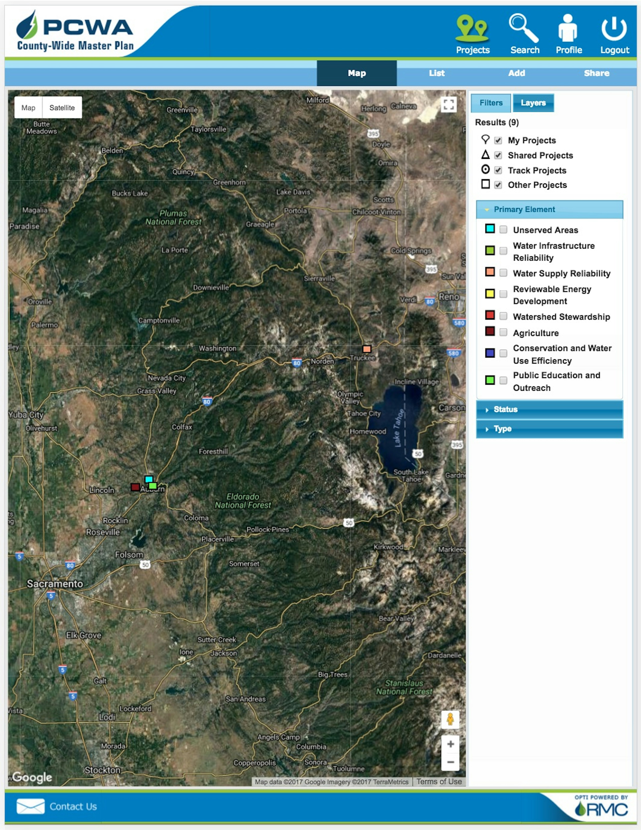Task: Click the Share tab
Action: pos(596,73)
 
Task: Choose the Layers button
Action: pos(533,103)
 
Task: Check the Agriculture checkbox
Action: pos(503,333)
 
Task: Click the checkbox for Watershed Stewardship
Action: pos(503,316)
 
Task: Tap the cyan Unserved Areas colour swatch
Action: pos(490,229)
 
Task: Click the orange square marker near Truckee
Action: pos(366,349)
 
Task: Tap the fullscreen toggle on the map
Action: pos(449,105)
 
